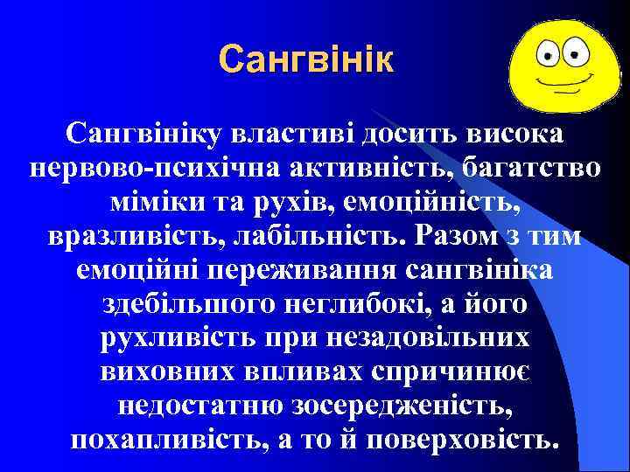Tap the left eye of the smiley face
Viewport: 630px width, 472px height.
coord(552,54)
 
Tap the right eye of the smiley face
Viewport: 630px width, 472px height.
coord(576,52)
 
